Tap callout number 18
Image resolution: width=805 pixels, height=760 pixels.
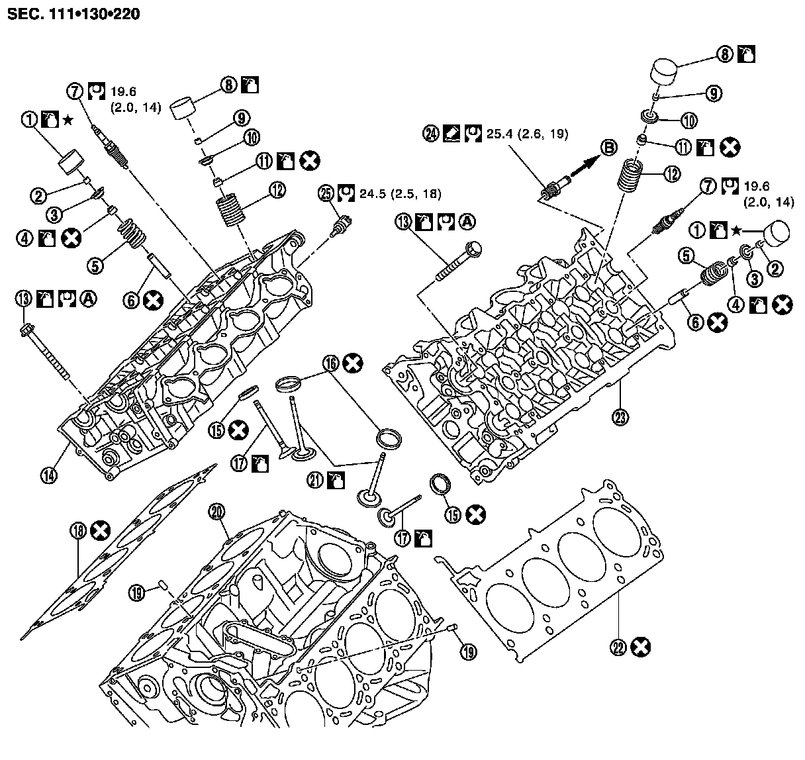(x=78, y=530)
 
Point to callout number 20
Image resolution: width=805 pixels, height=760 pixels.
(x=217, y=511)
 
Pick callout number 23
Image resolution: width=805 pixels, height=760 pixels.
(x=620, y=417)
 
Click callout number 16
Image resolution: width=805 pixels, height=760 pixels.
(x=331, y=362)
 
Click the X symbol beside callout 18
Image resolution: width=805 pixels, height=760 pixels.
(x=100, y=530)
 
